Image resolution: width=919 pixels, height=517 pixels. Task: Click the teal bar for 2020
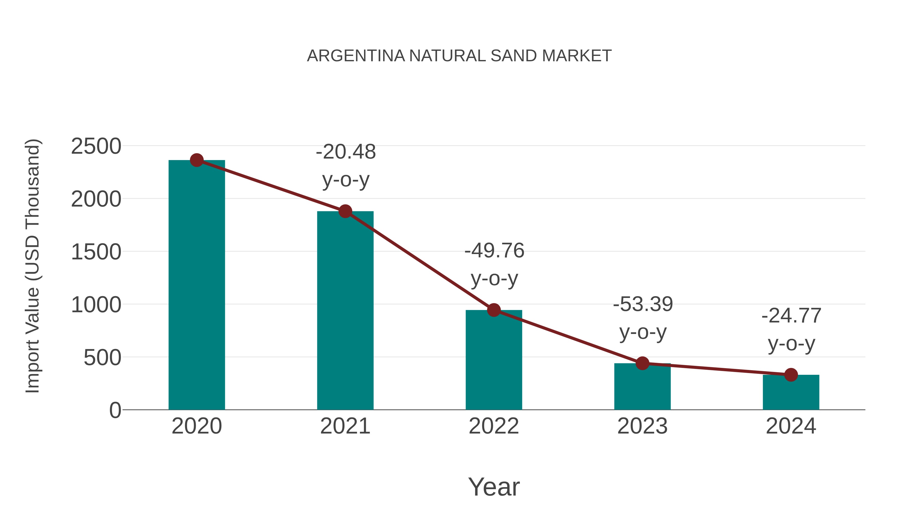coord(197,285)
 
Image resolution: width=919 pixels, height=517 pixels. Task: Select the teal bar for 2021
coord(345,310)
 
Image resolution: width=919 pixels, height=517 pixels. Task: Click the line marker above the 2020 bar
coord(197,160)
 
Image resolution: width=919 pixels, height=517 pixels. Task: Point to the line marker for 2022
coord(494,310)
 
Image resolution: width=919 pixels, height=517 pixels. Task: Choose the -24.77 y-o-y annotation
coord(791,329)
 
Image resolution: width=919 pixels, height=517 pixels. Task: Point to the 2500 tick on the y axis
coord(96,146)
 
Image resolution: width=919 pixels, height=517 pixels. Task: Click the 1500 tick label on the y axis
coord(96,252)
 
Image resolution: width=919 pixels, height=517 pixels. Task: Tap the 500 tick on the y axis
coord(102,357)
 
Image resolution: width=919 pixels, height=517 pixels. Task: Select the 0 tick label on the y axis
coord(115,410)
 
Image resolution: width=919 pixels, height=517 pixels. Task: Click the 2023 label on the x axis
coord(642,426)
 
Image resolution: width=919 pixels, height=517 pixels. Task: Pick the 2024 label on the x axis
coord(791,426)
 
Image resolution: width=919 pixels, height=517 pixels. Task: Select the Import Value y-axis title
coord(32,266)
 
